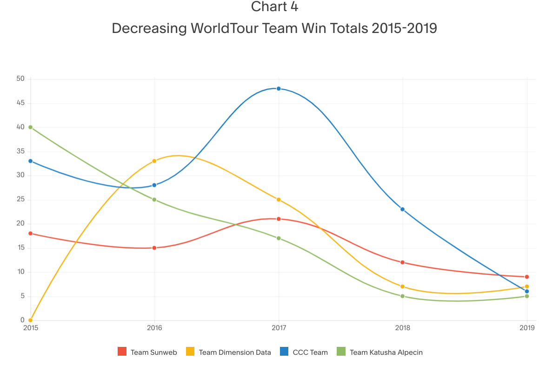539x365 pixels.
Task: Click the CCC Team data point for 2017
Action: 279,88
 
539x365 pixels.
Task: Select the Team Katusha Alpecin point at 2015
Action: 30,127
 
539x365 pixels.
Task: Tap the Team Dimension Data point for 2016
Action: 154,161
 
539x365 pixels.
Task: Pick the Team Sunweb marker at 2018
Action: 402,262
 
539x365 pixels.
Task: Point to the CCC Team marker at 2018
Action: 402,209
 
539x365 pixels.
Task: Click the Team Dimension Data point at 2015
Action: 30,320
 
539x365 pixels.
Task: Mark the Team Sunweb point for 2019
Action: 526,277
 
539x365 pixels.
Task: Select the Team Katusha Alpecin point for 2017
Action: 279,238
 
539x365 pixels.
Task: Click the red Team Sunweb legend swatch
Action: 122,352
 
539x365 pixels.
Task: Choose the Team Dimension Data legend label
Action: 234,352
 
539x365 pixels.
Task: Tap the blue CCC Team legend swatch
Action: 285,352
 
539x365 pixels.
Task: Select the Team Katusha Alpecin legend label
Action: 386,352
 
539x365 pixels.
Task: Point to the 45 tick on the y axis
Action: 20,103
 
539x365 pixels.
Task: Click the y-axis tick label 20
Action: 20,223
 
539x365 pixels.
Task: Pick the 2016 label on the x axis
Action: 154,328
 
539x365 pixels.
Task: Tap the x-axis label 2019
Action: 526,328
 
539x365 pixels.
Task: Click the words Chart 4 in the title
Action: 274,7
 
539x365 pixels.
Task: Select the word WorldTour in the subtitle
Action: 224,28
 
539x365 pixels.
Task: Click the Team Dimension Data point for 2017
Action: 279,200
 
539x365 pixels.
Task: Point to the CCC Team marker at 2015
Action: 30,161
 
